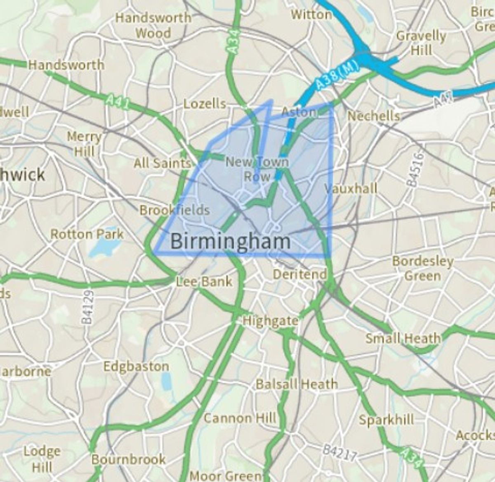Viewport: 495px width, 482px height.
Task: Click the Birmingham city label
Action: [x=230, y=241]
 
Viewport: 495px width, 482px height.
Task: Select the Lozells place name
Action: [x=205, y=103]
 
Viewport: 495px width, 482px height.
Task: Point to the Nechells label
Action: [x=374, y=116]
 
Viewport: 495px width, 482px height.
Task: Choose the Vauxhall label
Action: [x=351, y=189]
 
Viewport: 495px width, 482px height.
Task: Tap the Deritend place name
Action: [x=300, y=274]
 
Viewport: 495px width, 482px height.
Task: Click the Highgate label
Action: [x=271, y=321]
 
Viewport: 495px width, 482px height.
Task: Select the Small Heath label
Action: [x=403, y=339]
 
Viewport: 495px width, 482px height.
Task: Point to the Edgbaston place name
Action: [x=136, y=366]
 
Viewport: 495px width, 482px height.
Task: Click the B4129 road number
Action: [x=87, y=307]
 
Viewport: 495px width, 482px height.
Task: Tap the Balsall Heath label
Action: [x=297, y=384]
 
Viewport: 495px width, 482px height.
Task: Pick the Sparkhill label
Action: [x=386, y=420]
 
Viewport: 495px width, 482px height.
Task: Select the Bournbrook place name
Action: [x=128, y=459]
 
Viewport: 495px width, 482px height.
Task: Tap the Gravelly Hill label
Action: [x=421, y=43]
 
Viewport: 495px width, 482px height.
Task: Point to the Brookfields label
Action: [x=174, y=210]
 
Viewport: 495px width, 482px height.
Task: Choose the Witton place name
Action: [x=311, y=14]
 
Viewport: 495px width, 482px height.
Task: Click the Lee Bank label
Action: [x=204, y=282]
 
